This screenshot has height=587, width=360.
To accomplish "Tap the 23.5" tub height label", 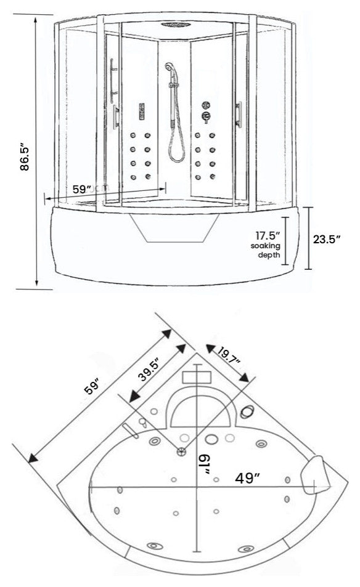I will [x=326, y=240].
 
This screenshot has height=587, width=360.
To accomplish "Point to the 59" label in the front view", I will [x=83, y=190].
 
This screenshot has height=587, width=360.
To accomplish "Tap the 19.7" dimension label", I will [x=229, y=354].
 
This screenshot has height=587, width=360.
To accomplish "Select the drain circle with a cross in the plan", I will [x=181, y=451].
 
